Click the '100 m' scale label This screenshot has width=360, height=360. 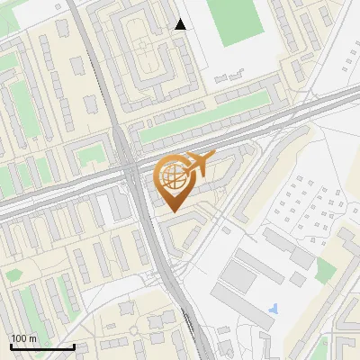click(x=23, y=338)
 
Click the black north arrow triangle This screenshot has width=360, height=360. click(x=181, y=24)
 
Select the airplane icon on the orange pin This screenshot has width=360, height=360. click(x=197, y=165)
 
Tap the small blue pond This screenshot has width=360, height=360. click(x=273, y=310)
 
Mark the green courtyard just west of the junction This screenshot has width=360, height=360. click(x=90, y=157)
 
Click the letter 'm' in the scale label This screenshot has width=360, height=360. click(x=31, y=338)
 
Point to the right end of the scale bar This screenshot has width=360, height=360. click(x=74, y=346)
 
